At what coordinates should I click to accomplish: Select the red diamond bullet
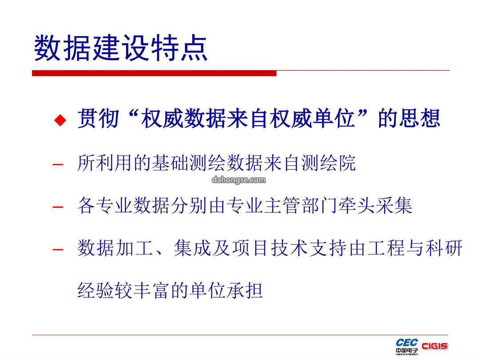pyautogui.click(x=60, y=120)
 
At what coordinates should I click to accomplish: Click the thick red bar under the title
pyautogui.click(x=154, y=73)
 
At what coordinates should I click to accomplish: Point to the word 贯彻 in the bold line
pyautogui.click(x=98, y=119)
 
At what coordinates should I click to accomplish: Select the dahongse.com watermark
pyautogui.click(x=239, y=180)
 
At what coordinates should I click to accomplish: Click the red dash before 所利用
pyautogui.click(x=58, y=165)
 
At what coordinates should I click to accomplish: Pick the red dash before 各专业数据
pyautogui.click(x=58, y=207)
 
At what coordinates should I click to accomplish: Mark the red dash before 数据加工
pyautogui.click(x=58, y=249)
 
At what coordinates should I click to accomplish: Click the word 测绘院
pyautogui.click(x=328, y=163)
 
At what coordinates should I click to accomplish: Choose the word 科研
pyautogui.click(x=444, y=248)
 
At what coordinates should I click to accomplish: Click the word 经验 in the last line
pyautogui.click(x=96, y=290)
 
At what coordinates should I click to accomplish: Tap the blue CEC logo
pyautogui.click(x=407, y=346)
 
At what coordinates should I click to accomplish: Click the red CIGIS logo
pyautogui.click(x=435, y=346)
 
